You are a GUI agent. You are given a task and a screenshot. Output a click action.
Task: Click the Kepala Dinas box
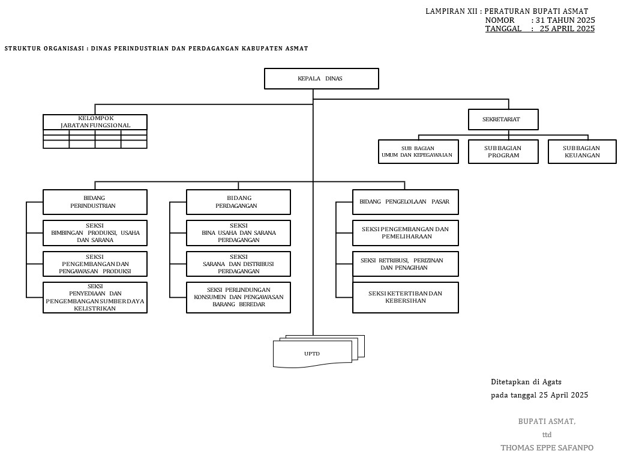pyautogui.click(x=321, y=79)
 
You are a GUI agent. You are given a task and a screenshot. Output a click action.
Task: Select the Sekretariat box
pyautogui.click(x=503, y=120)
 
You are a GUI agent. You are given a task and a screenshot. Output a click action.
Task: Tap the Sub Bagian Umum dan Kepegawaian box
pyautogui.click(x=418, y=152)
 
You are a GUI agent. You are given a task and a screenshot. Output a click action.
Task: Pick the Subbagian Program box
pyautogui.click(x=503, y=152)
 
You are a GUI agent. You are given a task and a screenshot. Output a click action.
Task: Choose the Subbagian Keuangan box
pyautogui.click(x=582, y=152)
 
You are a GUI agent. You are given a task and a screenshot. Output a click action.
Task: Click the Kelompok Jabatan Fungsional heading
pyautogui.click(x=95, y=122)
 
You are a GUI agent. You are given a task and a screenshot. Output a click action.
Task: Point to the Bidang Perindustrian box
pyautogui.click(x=95, y=202)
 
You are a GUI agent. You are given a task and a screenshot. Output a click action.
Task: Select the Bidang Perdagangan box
pyautogui.click(x=238, y=202)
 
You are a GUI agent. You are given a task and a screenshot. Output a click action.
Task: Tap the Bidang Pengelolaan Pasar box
pyautogui.click(x=405, y=202)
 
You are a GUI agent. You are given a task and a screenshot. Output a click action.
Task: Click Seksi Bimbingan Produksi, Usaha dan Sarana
pyautogui.click(x=95, y=233)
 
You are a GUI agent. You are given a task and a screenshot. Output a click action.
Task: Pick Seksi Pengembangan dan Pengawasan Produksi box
pyautogui.click(x=95, y=264)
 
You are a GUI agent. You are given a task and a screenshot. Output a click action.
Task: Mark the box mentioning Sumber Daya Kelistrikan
pyautogui.click(x=95, y=297)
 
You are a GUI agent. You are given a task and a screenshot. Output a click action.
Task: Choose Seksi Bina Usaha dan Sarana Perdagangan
pyautogui.click(x=238, y=233)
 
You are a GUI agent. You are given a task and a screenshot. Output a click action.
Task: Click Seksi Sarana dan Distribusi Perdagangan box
pyautogui.click(x=238, y=264)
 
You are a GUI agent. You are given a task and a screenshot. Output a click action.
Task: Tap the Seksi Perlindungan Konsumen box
pyautogui.click(x=238, y=297)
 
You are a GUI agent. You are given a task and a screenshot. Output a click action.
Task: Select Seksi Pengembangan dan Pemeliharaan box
pyautogui.click(x=405, y=233)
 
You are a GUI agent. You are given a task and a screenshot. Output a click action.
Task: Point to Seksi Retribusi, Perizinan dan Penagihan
pyautogui.click(x=405, y=264)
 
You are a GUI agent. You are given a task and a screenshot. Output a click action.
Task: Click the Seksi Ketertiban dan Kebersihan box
pyautogui.click(x=405, y=297)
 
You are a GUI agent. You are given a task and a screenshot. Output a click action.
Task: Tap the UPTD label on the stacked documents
pyautogui.click(x=312, y=354)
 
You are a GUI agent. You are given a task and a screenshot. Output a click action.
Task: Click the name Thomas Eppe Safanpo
pyautogui.click(x=547, y=448)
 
